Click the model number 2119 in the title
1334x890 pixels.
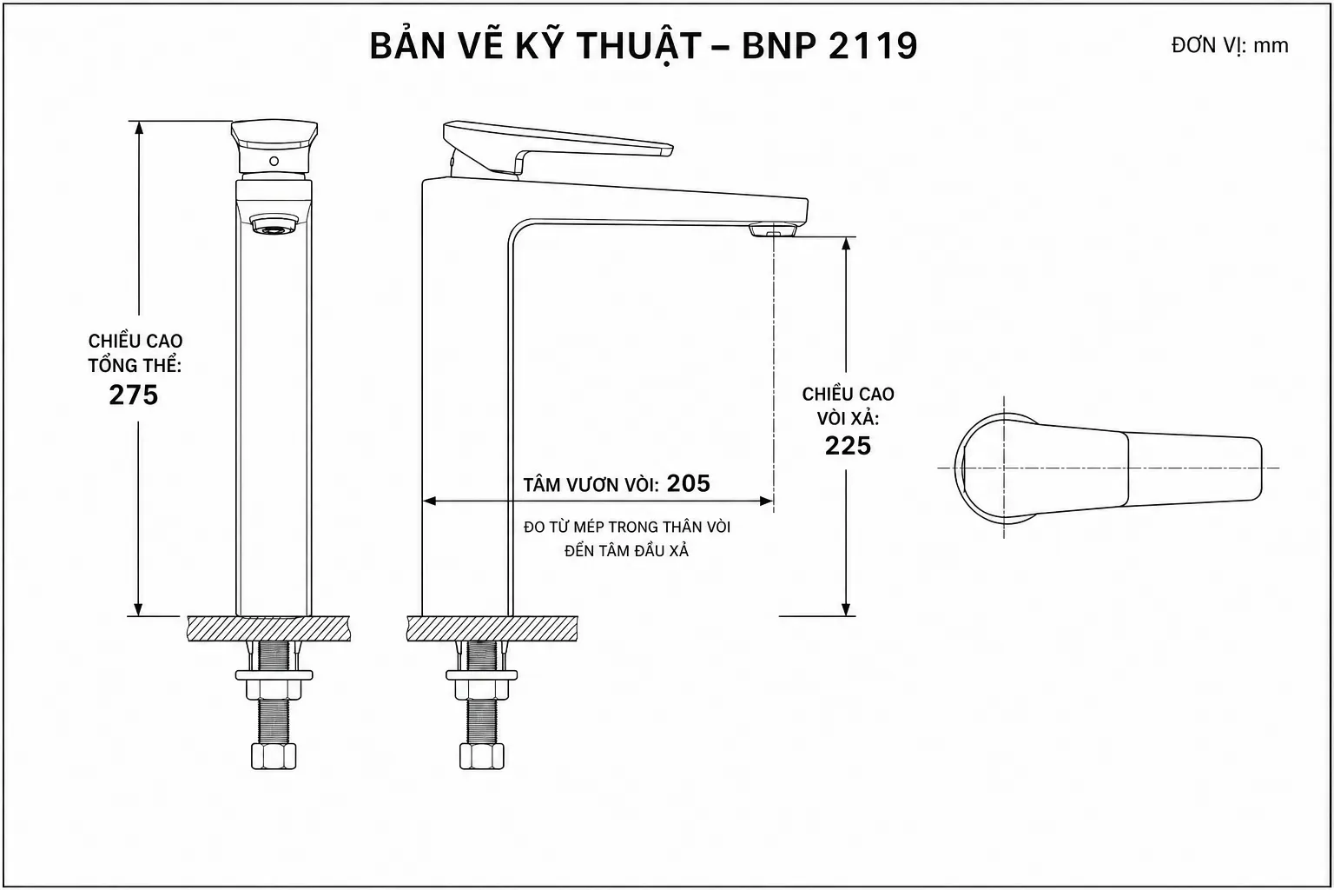pyautogui.click(x=873, y=46)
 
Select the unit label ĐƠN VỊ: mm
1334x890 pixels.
pyautogui.click(x=1230, y=46)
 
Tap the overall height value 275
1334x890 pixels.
pyautogui.click(x=134, y=395)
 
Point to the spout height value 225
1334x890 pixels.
pyautogui.click(x=848, y=446)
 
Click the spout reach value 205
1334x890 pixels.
pyautogui.click(x=689, y=483)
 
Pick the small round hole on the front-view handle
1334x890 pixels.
pyautogui.click(x=274, y=161)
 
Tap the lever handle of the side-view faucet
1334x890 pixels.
pyautogui.click(x=558, y=147)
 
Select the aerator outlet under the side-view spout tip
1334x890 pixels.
pyautogui.click(x=773, y=229)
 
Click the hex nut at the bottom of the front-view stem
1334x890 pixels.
pyautogui.click(x=274, y=756)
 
